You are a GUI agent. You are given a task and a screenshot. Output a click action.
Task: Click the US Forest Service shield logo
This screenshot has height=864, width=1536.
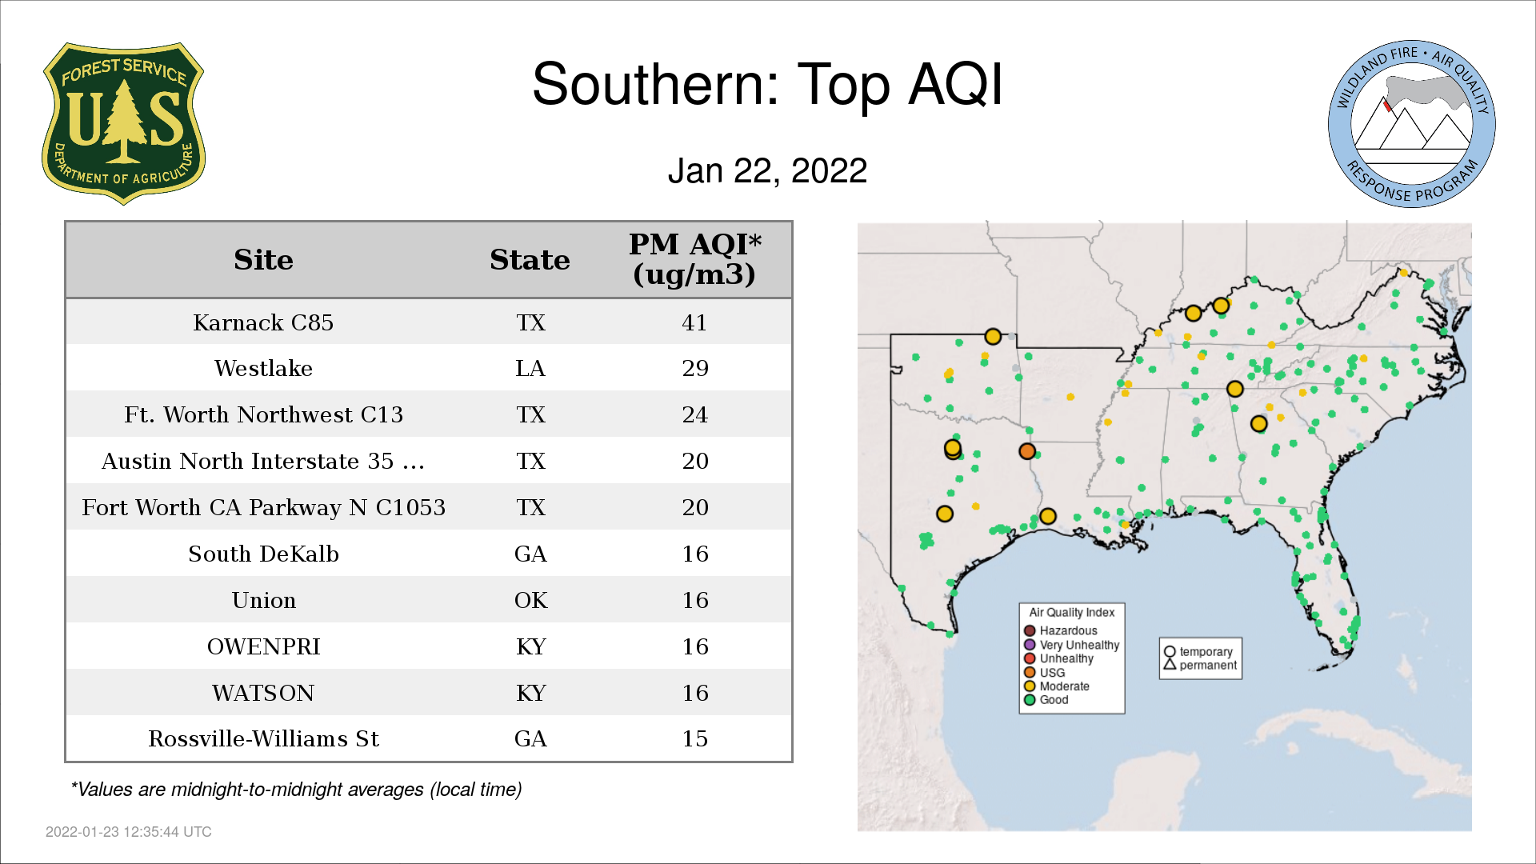(123, 124)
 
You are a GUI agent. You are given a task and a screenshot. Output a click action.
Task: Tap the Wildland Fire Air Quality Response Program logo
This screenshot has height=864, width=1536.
(1412, 124)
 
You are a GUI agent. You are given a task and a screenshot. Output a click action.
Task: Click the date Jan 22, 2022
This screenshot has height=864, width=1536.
(767, 170)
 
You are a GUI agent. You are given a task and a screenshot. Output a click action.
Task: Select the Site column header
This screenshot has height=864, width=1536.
(263, 260)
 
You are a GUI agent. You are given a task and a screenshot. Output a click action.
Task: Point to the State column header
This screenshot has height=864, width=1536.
(530, 260)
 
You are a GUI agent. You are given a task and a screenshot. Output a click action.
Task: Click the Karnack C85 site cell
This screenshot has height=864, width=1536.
(263, 322)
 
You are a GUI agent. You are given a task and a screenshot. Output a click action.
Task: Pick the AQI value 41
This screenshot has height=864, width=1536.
(694, 322)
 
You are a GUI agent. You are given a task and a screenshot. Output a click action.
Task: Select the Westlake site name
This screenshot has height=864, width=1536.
(263, 368)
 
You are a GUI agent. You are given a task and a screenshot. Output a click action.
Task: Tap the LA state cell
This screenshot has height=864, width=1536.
(530, 368)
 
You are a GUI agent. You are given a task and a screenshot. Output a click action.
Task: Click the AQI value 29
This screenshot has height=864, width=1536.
(695, 368)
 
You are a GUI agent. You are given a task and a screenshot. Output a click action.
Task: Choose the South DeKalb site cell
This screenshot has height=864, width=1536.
(263, 554)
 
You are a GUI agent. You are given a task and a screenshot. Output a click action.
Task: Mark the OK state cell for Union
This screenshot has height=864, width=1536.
(531, 600)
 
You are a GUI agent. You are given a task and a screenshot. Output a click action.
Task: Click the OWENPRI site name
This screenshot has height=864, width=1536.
(263, 646)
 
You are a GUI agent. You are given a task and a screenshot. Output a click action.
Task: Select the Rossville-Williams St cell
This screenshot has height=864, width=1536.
(263, 738)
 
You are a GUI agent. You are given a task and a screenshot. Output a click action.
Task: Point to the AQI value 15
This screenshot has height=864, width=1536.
(695, 738)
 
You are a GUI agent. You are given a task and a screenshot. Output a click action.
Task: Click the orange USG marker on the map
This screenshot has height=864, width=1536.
(1027, 451)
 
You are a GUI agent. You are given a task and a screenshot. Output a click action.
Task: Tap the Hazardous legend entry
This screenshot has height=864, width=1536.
(1061, 630)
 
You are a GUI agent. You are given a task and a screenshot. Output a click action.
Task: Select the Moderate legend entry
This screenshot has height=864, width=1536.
(1057, 686)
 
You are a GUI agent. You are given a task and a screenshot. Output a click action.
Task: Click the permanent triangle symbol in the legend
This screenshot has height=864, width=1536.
(1170, 664)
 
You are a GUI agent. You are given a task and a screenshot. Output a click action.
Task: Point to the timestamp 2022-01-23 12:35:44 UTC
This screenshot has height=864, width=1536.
(129, 832)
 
